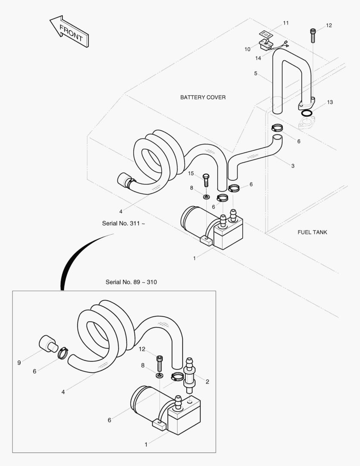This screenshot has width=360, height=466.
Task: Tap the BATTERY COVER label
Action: coord(203,98)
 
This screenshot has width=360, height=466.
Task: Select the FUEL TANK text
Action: coord(312,232)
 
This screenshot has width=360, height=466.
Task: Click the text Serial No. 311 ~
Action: coord(123,224)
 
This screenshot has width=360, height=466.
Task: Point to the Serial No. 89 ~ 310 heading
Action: coord(131,282)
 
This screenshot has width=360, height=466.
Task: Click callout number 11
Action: coord(286,22)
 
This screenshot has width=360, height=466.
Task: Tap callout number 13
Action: coord(330,102)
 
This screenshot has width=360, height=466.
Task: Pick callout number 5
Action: coord(256,73)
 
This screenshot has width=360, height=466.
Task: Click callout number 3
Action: coord(293,166)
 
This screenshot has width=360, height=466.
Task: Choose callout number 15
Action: coord(191,173)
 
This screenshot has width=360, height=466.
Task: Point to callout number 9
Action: coord(19,363)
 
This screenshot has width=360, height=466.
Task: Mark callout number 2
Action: coord(207,381)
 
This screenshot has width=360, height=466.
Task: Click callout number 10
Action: coord(247,49)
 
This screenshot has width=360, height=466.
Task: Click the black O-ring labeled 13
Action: coord(307,113)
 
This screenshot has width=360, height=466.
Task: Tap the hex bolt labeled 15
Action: coord(206,179)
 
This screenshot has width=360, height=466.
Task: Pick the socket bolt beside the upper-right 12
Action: coord(313,35)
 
